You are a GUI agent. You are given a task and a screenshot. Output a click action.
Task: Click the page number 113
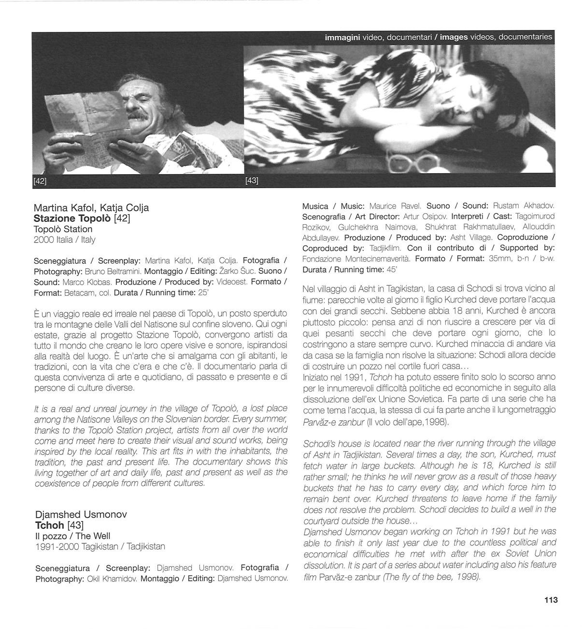pos(550,600)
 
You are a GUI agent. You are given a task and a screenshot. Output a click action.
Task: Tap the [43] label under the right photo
pos(252,180)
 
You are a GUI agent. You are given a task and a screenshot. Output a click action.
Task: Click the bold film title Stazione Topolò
pos(72,219)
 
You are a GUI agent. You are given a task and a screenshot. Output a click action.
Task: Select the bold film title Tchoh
pos(49,525)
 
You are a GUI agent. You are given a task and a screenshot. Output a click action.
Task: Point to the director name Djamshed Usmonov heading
pos(81,514)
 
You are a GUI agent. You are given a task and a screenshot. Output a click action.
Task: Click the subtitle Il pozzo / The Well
pos(73,536)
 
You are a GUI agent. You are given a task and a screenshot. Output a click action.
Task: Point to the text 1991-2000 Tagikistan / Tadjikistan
pos(100,547)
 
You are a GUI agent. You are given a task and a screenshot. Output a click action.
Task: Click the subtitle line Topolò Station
pos(63,229)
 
